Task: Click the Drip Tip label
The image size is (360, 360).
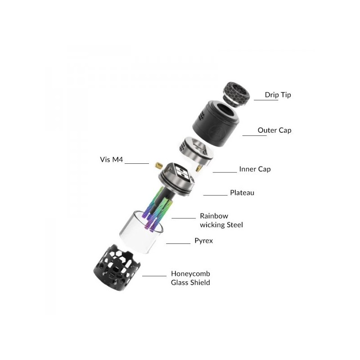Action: point(278,95)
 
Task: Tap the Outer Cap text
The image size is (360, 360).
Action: point(274,130)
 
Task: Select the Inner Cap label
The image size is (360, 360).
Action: point(255,169)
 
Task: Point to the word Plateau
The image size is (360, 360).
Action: point(242,193)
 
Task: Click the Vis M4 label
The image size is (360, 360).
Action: point(111,160)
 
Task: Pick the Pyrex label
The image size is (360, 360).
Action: point(204,241)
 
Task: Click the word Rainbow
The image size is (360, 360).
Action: point(214,216)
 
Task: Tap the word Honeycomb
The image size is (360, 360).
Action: point(190,274)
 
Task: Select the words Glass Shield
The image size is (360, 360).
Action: point(190,283)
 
